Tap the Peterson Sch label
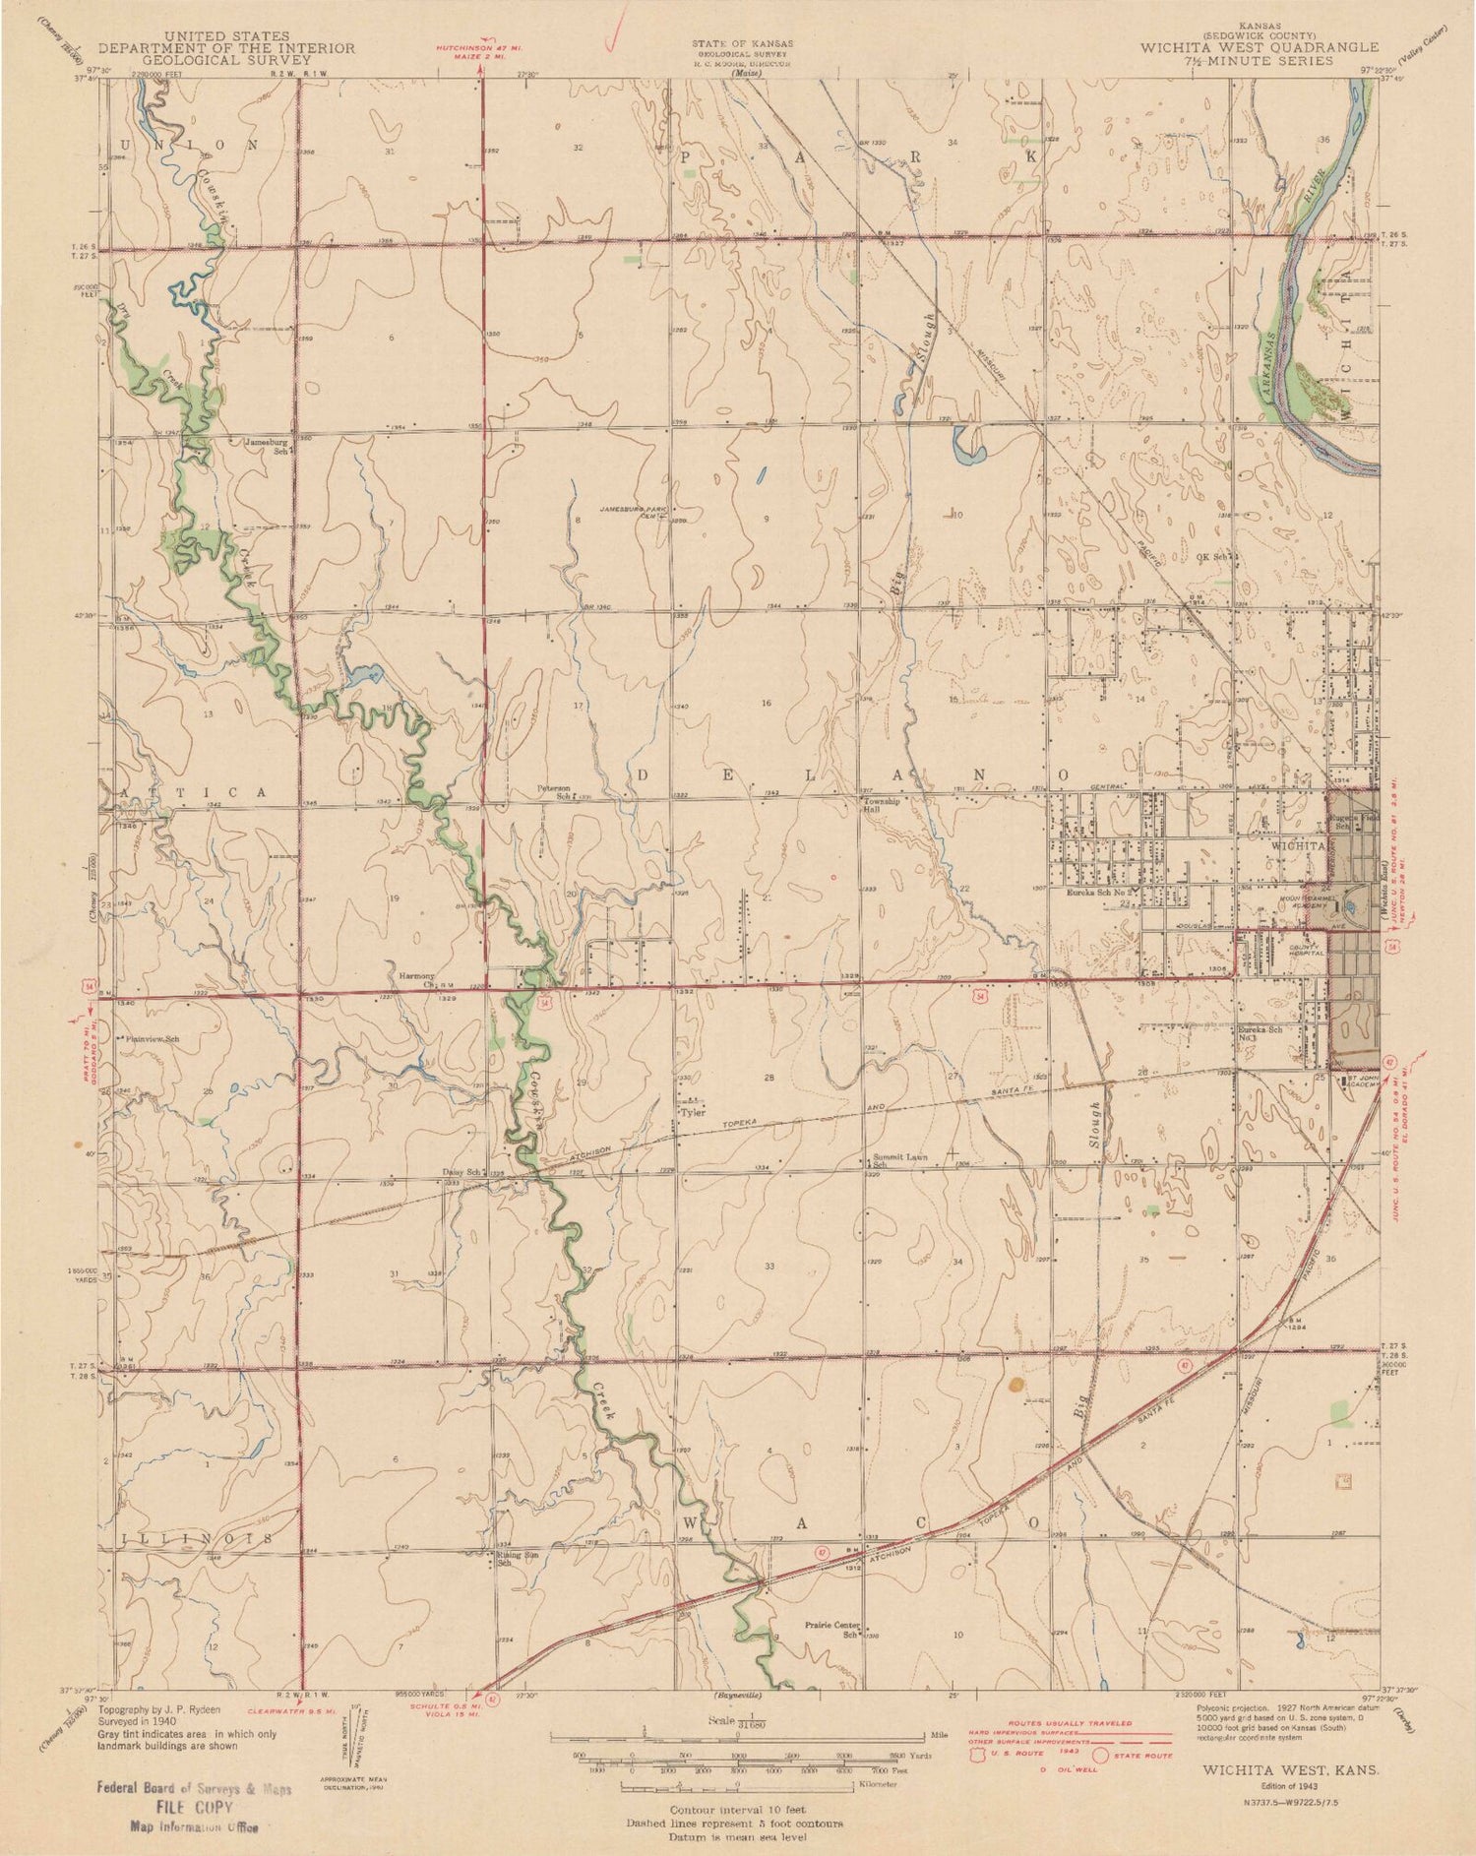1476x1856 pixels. point(554,792)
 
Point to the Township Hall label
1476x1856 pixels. point(882,805)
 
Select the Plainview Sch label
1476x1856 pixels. point(151,1038)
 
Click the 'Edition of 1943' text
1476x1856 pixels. point(1288,1784)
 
